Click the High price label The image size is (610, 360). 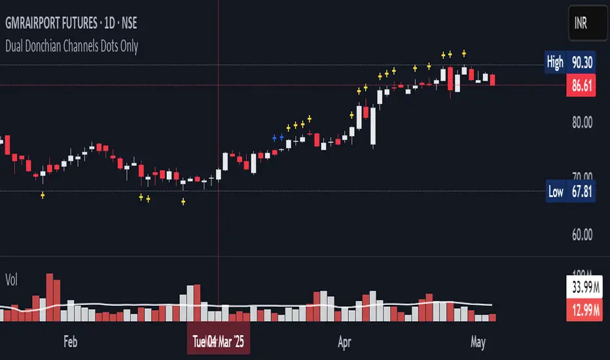click(554, 62)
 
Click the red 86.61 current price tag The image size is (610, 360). click(580, 85)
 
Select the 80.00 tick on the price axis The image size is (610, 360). click(579, 122)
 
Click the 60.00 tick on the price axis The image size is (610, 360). click(579, 234)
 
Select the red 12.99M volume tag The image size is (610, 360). click(581, 313)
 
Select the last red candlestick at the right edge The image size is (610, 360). click(493, 81)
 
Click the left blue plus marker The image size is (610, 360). click(274, 137)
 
